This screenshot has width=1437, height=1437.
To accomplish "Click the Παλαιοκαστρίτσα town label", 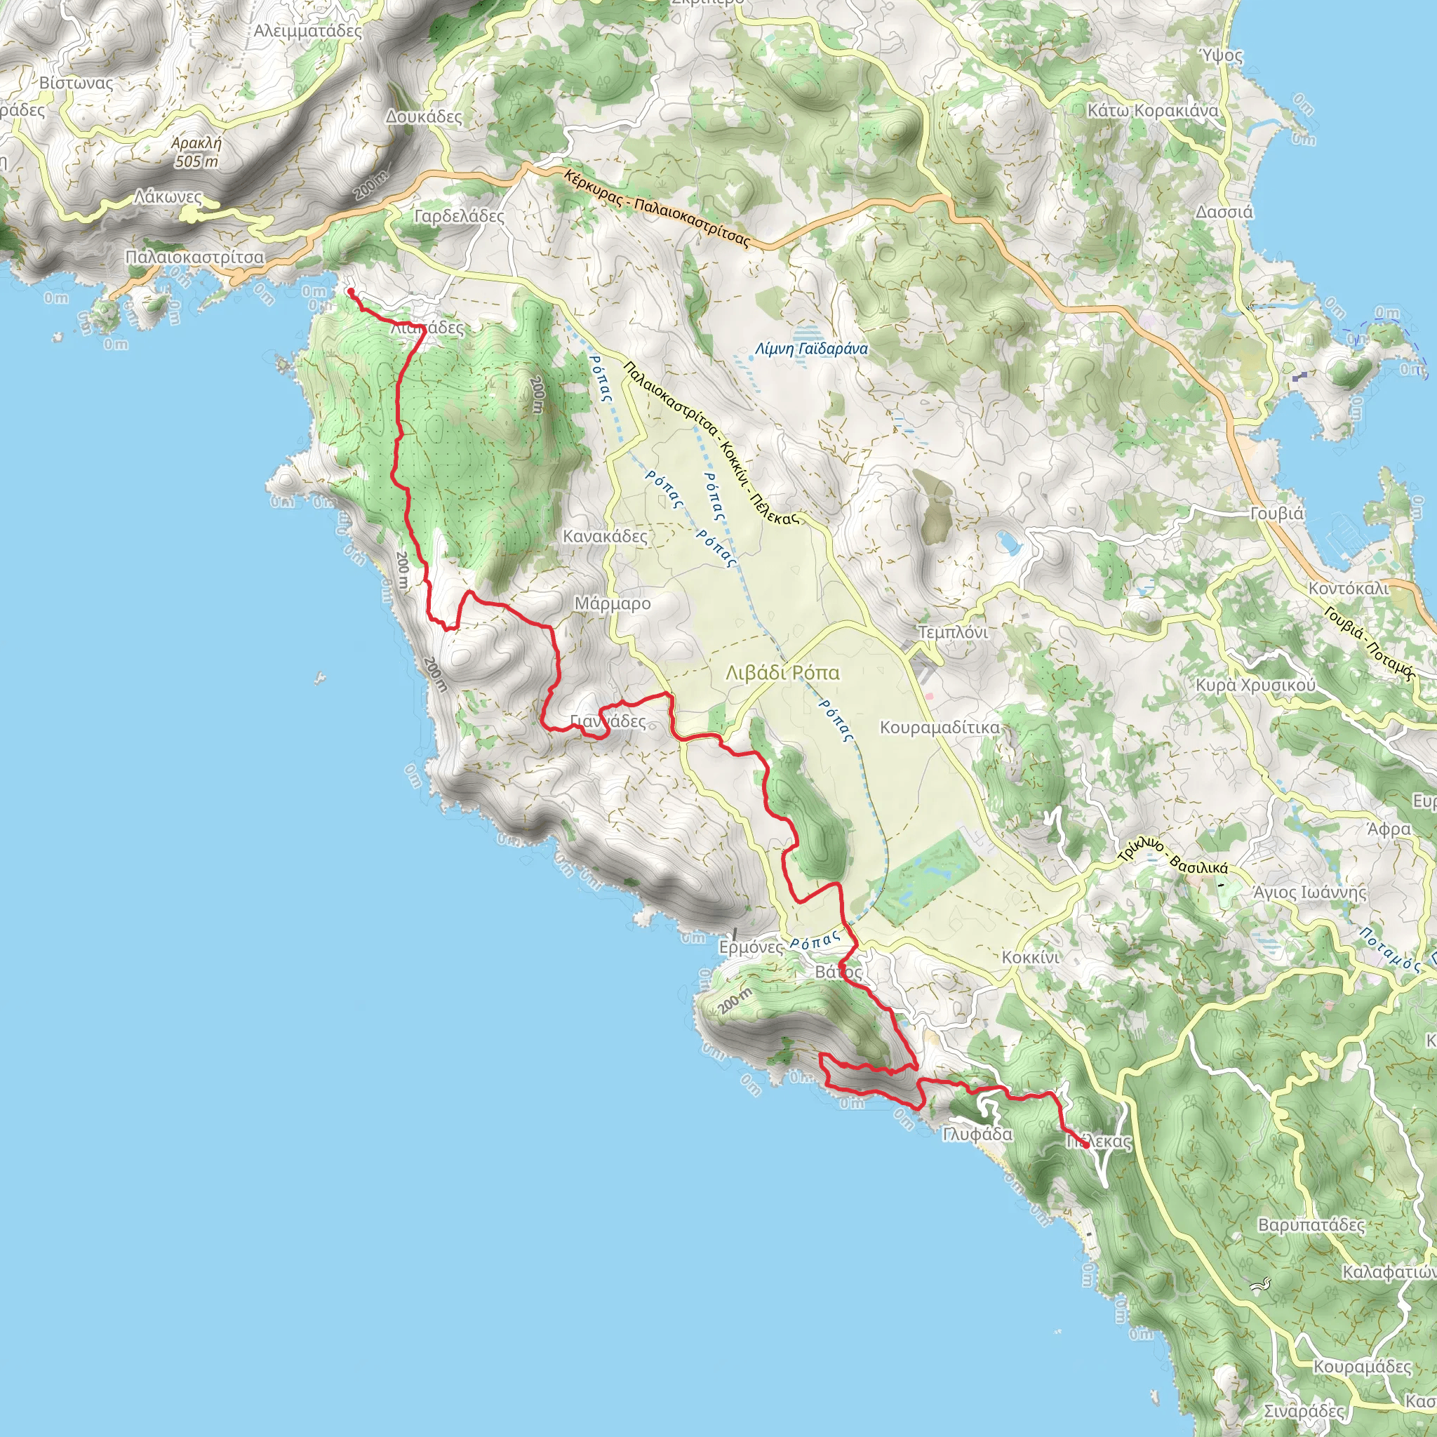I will click(194, 258).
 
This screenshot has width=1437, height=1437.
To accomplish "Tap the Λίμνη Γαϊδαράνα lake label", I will click(810, 348).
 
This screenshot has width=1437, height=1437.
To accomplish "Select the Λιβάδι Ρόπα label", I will click(782, 673).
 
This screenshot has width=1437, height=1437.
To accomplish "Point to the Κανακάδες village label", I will click(605, 536).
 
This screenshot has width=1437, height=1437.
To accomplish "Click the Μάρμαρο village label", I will click(612, 604).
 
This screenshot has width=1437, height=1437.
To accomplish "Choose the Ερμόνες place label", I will click(751, 947).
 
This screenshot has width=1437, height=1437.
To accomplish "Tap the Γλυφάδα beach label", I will click(977, 1135).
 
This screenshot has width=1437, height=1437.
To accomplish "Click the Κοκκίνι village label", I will click(1030, 957).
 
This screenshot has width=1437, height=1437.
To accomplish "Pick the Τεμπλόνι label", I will click(953, 632).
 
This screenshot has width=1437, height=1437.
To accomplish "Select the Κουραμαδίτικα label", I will click(940, 727).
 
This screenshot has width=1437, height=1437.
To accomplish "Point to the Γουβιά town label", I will click(1276, 513).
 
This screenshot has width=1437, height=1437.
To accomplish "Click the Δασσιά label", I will click(1224, 212).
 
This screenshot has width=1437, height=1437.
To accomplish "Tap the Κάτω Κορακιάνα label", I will click(1153, 111).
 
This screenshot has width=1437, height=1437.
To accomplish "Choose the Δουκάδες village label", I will click(424, 116).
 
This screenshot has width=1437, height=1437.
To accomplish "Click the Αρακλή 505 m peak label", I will click(196, 152).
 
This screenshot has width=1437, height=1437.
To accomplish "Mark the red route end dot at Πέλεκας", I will click(1087, 1145).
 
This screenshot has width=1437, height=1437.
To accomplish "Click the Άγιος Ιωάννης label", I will click(1310, 892).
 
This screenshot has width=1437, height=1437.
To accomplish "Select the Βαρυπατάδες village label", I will click(1311, 1225).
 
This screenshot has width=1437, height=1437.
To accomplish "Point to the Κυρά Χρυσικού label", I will click(1255, 685).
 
